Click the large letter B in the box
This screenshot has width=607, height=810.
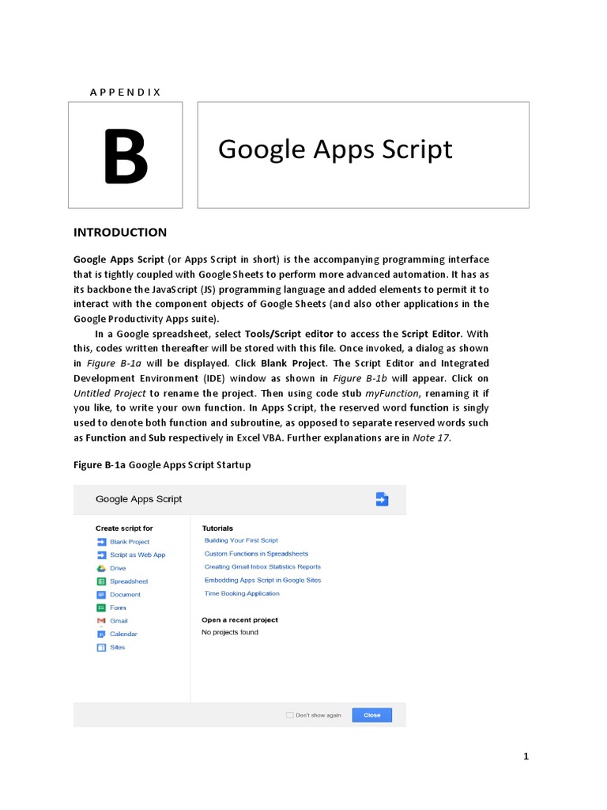[x=126, y=157]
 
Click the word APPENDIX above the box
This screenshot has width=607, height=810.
[x=126, y=92]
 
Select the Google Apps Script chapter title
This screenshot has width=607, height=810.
[x=335, y=149]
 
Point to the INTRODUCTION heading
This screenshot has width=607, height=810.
[x=120, y=232]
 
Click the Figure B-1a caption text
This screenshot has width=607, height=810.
[x=162, y=464]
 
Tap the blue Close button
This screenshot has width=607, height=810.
[x=371, y=715]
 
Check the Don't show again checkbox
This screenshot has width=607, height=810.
[x=289, y=715]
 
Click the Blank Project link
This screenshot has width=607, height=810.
[x=130, y=542]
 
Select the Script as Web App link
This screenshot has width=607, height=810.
[x=138, y=555]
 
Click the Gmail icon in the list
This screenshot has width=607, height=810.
[x=101, y=621]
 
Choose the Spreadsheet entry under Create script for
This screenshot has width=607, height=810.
[x=129, y=581]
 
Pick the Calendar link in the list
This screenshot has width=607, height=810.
[x=123, y=634]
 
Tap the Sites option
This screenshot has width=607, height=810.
[x=117, y=647]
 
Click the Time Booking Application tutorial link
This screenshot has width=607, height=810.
[x=242, y=593]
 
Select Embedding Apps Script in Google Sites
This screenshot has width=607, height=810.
[x=262, y=580]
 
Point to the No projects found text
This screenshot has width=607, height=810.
[x=230, y=632]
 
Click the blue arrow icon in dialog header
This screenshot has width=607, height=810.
[x=382, y=498]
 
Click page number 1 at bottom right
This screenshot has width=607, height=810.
[x=526, y=757]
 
